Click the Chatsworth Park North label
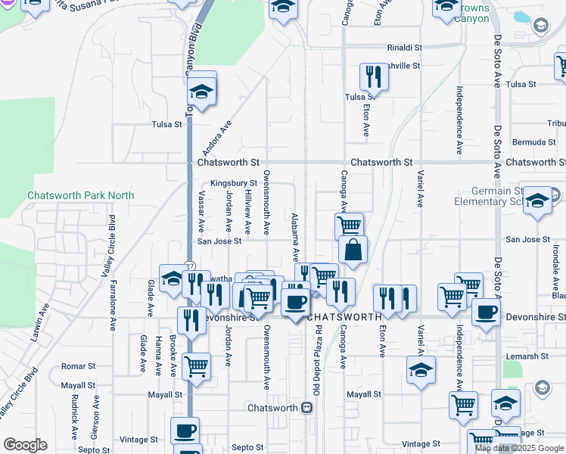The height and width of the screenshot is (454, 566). coord(80,195)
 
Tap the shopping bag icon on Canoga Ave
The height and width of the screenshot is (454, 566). coord(353,250)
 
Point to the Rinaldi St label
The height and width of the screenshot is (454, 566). coord(404,47)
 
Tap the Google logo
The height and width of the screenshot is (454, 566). coord(25,445)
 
